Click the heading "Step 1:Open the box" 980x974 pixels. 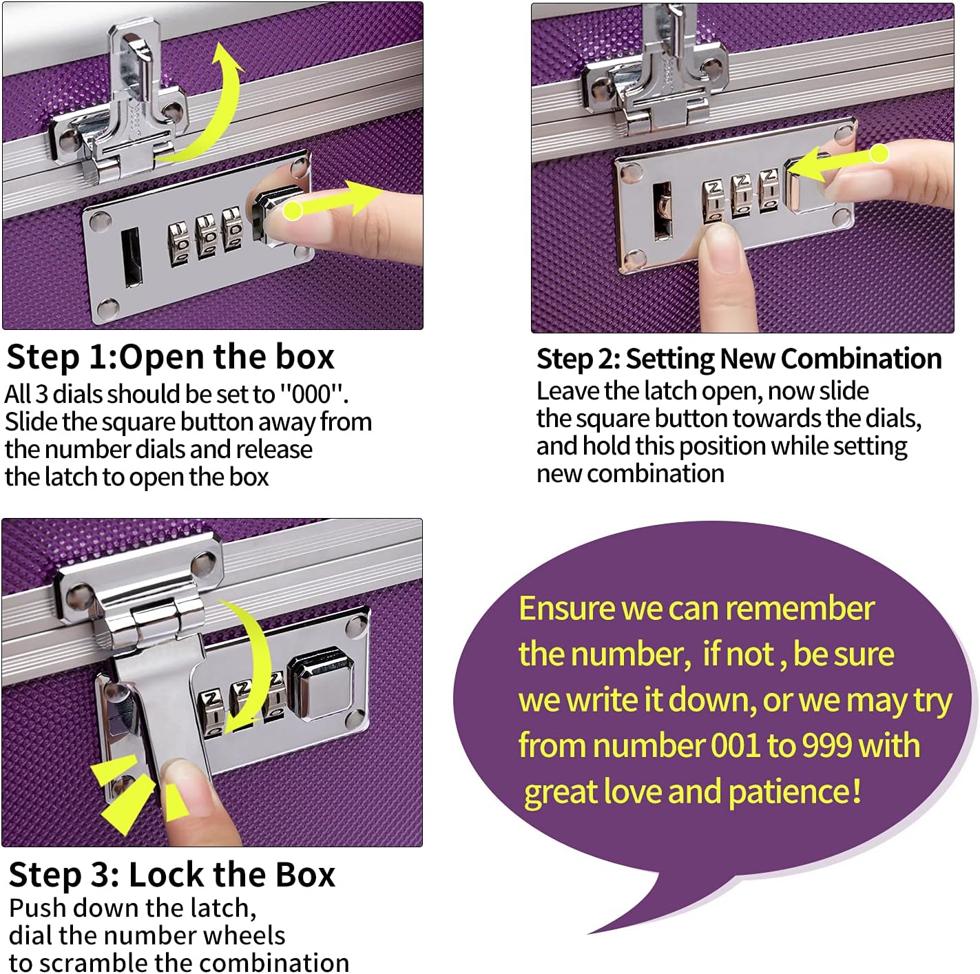pos(170,358)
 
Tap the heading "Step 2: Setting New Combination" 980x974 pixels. pos(738,359)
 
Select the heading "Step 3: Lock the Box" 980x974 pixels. pos(171,875)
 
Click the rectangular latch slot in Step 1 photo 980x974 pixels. pos(130,256)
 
